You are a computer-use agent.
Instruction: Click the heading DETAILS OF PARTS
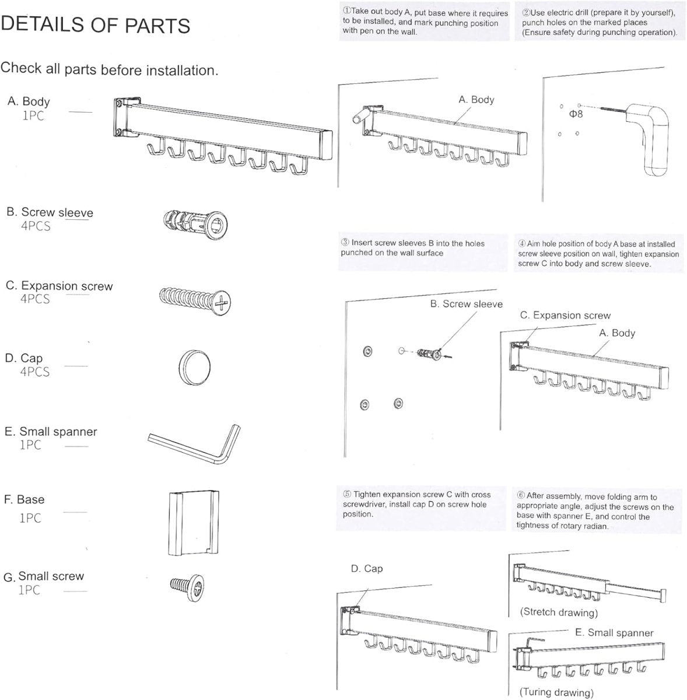96,24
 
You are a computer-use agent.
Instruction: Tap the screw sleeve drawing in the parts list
196,222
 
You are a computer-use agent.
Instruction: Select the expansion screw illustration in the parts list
195,300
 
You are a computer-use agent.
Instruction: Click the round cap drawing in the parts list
194,367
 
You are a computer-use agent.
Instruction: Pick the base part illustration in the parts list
194,523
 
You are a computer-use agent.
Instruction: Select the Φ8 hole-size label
576,114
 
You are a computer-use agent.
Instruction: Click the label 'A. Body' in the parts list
29,101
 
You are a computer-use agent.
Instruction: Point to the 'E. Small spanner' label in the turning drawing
614,633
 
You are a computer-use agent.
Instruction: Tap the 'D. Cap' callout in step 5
367,569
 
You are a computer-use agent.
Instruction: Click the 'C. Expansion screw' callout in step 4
565,316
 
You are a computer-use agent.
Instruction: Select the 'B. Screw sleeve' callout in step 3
466,304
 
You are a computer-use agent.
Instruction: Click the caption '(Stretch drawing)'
559,612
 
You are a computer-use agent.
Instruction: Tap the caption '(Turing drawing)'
556,692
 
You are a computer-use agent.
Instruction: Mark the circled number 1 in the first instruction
346,12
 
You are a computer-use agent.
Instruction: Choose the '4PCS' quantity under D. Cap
35,372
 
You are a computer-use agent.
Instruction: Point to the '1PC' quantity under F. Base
30,518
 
